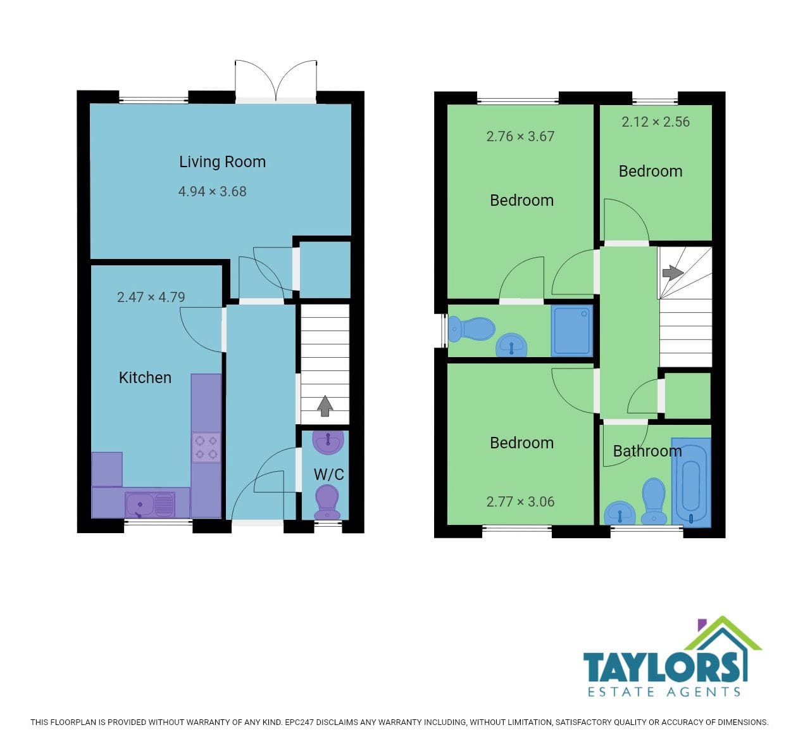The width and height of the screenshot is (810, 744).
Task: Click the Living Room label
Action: pyautogui.click(x=223, y=161)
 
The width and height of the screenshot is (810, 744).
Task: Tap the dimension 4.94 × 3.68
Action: pyautogui.click(x=213, y=191)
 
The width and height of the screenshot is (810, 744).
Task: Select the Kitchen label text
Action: pyautogui.click(x=145, y=378)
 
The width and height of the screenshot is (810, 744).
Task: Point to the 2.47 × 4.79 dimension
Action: pyautogui.click(x=151, y=298)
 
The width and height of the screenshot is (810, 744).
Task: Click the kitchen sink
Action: pyautogui.click(x=150, y=505)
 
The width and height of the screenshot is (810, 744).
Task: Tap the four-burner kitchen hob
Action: pyautogui.click(x=206, y=448)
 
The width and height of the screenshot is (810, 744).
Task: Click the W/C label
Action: pyautogui.click(x=328, y=474)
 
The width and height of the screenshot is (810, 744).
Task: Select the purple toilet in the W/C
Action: pyautogui.click(x=327, y=502)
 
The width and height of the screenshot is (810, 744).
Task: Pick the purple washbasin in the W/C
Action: pyautogui.click(x=328, y=442)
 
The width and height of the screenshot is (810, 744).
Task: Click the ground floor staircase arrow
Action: pyautogui.click(x=325, y=406)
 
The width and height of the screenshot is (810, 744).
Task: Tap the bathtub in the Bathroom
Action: pyautogui.click(x=691, y=482)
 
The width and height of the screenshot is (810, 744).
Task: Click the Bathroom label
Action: pyautogui.click(x=647, y=451)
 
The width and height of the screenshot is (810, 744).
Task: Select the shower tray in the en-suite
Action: pyautogui.click(x=572, y=331)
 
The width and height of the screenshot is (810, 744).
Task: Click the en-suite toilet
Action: pyautogui.click(x=471, y=329)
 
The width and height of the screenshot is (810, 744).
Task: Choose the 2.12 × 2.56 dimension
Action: pyautogui.click(x=656, y=122)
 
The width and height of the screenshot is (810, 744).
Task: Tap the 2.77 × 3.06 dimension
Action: pyautogui.click(x=520, y=502)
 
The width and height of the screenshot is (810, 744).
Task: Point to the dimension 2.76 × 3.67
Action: pyautogui.click(x=520, y=137)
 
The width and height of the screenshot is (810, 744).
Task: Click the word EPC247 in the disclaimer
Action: pyautogui.click(x=299, y=722)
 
